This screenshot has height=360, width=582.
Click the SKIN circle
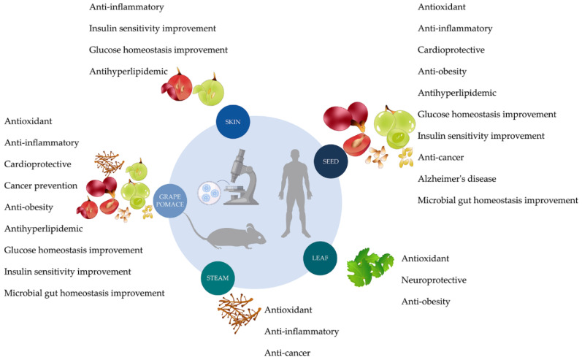click(x=233, y=122)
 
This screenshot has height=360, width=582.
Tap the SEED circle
click(x=331, y=161)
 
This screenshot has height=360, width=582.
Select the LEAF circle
click(x=320, y=258)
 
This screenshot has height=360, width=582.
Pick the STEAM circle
click(x=218, y=278)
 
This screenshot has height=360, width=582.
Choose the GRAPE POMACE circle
click(x=170, y=200)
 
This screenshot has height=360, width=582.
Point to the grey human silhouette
click(x=295, y=193)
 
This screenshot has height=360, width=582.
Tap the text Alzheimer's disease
click(x=457, y=179)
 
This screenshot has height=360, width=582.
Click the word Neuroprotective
click(x=434, y=280)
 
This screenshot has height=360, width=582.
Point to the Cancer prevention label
click(x=41, y=185)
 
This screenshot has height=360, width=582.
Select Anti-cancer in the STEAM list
click(x=287, y=353)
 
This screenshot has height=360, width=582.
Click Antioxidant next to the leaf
click(x=425, y=258)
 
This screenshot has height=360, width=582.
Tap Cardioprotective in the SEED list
click(x=451, y=50)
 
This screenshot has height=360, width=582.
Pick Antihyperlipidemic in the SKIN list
click(x=129, y=72)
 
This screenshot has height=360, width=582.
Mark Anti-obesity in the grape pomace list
click(x=28, y=207)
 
